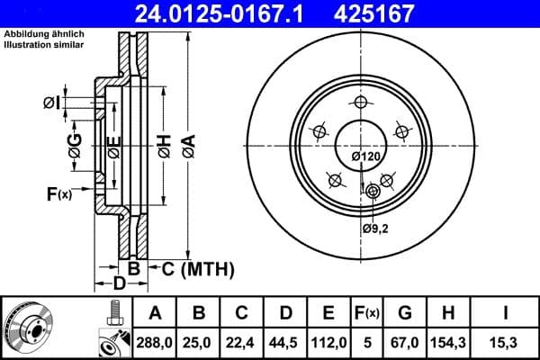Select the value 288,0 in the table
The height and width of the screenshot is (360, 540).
coord(155,343)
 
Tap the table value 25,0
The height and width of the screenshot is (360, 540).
coord(198,343)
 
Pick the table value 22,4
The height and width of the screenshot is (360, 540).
coord(241,343)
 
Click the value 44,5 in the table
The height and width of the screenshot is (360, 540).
coord(285,343)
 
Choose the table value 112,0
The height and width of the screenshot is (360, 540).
coord(328,343)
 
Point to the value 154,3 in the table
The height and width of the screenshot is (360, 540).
coord(450,343)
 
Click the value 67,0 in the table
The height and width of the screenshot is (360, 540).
coord(405,343)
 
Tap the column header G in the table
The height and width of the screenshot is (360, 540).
coord(405,313)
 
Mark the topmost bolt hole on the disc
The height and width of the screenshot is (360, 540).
coord(362,102)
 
